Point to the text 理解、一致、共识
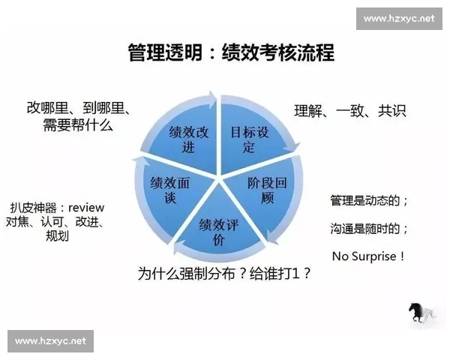point(349,111)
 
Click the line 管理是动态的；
point(369,201)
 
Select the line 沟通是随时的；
point(369,228)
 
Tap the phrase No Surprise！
point(369,256)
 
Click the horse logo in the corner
point(421,310)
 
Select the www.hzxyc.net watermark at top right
point(399,17)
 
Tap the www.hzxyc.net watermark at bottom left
point(50,341)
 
